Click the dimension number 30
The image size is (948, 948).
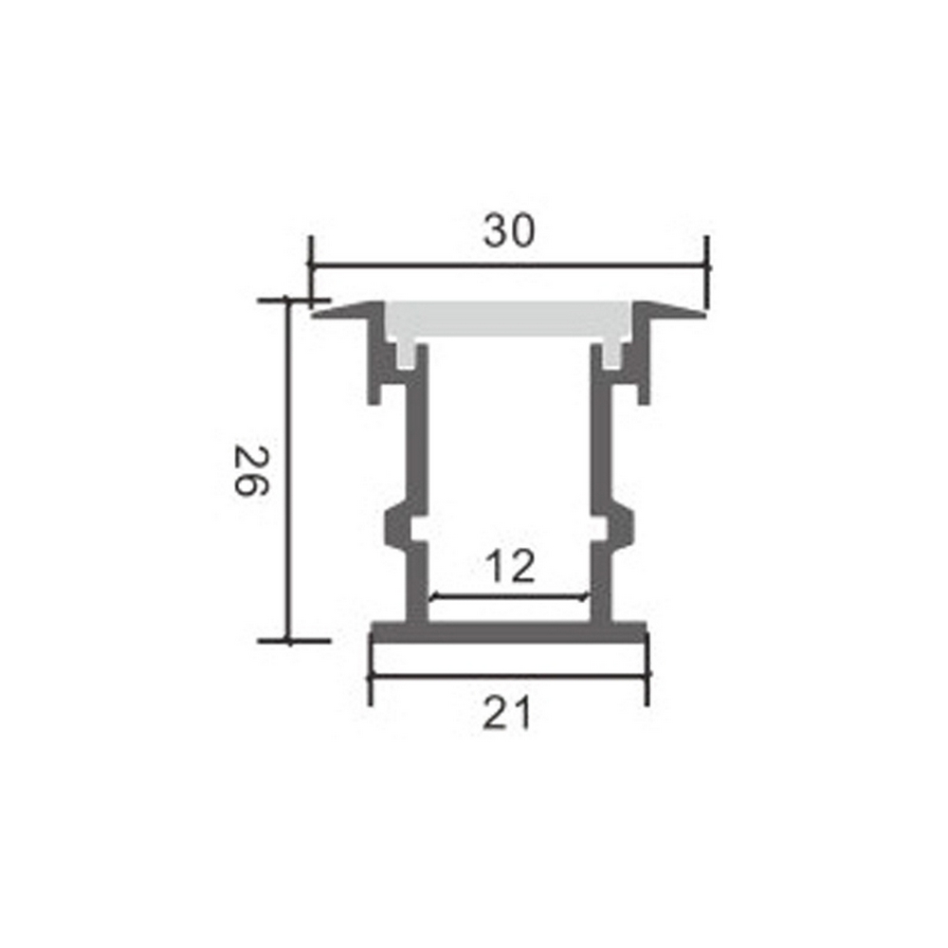508,231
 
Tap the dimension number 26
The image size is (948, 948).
251,470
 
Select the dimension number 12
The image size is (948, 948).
510,567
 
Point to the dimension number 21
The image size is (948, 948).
506,713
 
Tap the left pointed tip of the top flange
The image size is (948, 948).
313,315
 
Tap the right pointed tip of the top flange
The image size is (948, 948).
704,315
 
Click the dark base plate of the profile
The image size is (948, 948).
509,631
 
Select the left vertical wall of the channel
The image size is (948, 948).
418,483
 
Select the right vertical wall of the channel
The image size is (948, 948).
601,483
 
